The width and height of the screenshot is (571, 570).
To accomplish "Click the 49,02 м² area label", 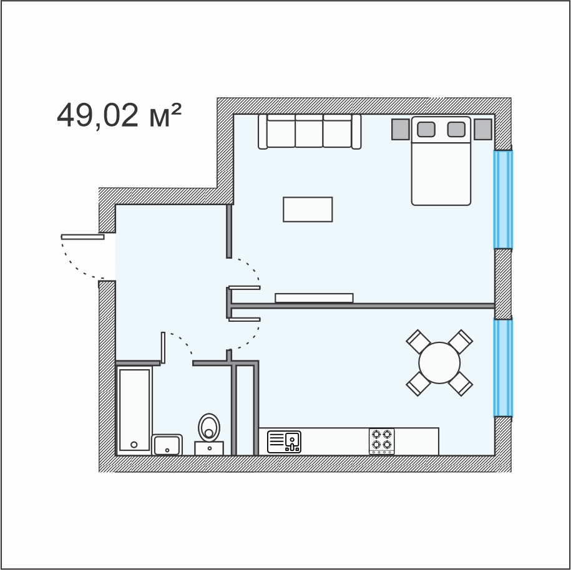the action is tap(119, 115).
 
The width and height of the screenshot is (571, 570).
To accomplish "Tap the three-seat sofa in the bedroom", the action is tap(310, 132).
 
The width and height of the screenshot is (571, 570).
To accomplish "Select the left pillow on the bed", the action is tap(426, 129).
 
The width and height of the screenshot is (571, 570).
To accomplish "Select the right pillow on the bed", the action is tap(456, 129).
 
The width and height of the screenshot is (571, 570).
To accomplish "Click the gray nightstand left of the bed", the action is tap(401, 129).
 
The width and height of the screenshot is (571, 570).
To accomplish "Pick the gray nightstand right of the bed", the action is tap(483, 129).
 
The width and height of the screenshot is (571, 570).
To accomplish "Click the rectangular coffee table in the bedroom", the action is tap(308, 210).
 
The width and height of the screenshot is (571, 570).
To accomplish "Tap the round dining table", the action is tap(439, 362).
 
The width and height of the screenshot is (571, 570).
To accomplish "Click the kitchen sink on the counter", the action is tap(284, 442).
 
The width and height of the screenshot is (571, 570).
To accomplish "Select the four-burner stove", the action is tap(382, 442).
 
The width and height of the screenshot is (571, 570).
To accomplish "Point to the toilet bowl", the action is tap(209, 428).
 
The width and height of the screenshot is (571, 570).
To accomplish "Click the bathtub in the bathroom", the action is tap(134, 410).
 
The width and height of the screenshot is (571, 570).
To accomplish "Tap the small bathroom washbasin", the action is tap(167, 445).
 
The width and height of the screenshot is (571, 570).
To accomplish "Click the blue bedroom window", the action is tap(503, 200).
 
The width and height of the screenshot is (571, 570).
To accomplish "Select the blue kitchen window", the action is tap(503, 367).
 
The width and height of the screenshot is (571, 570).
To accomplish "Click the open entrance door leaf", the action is tap(82, 237).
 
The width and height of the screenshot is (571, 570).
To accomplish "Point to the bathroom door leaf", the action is tap(163, 347).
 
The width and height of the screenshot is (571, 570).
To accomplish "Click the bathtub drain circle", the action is tap(134, 445).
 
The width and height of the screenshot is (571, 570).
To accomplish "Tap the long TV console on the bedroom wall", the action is tap(314, 297).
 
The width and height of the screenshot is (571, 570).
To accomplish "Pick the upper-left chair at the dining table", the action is tap(418, 341).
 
